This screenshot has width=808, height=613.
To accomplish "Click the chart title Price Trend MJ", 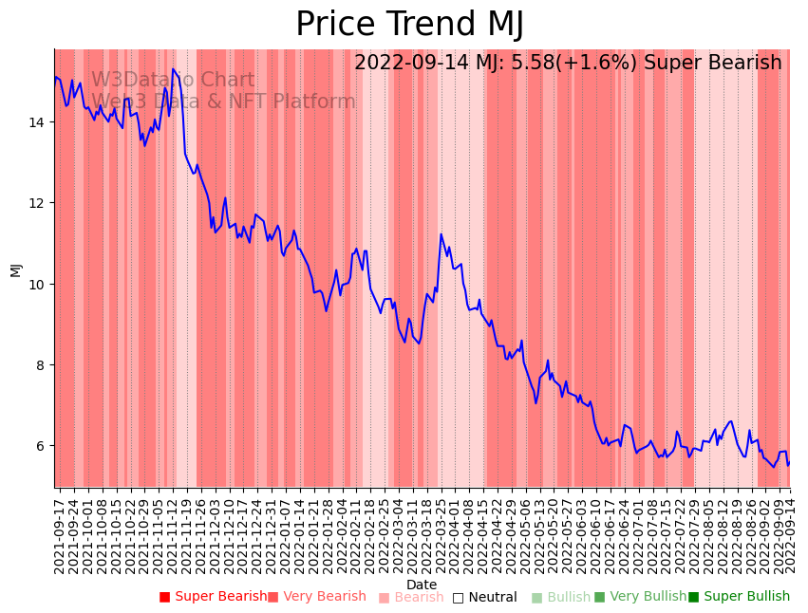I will (x=409, y=25).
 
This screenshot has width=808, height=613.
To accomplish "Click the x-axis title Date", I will (x=422, y=585).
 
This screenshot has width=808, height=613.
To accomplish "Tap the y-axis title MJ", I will (x=15, y=269).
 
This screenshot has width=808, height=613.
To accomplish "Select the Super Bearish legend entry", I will (x=214, y=597).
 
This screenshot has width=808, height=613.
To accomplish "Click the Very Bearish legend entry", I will (x=317, y=597).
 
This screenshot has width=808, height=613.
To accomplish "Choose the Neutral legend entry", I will (x=485, y=597).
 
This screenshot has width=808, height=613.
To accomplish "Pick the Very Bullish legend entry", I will (x=640, y=597).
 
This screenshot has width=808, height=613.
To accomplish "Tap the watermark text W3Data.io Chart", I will (x=173, y=81).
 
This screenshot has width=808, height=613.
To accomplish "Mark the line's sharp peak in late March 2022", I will (x=441, y=234).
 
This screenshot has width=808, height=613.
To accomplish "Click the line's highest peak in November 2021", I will (x=173, y=69).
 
